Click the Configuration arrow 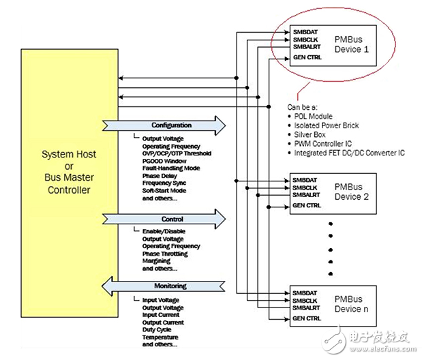[x=171, y=125]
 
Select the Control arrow [x=171, y=220]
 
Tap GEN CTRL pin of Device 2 [x=307, y=205]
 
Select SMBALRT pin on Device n [x=306, y=308]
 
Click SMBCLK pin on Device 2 [x=305, y=187]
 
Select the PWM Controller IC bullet [x=333, y=145]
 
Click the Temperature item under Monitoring [x=160, y=337]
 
